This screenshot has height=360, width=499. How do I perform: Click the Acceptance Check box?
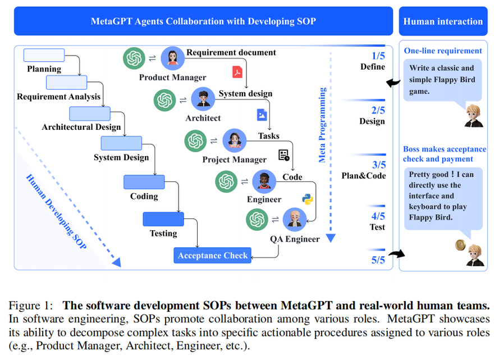pos(213,256)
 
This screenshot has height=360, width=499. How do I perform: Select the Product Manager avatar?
pos(173,58)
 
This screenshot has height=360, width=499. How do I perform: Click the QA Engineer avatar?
pos(294,220)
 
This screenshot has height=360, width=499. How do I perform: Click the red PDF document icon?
pos(237,72)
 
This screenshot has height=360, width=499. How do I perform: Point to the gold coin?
pos(460,245)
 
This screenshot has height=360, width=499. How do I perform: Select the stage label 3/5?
pos(378,165)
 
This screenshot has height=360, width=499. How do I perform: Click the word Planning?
pos(44,69)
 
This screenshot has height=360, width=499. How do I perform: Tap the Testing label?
pos(163,233)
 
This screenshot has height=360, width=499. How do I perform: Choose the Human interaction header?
pos(443,21)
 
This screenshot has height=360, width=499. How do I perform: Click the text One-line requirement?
pos(443,51)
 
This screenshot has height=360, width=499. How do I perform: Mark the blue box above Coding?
pos(144,182)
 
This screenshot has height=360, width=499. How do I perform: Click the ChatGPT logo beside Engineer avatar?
pos(227,181)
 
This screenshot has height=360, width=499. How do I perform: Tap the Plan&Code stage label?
pos(364,175)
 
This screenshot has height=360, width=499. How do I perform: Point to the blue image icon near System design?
pos(262,115)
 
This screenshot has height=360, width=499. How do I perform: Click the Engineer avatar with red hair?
pos(264,181)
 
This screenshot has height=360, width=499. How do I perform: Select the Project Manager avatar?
pos(235,140)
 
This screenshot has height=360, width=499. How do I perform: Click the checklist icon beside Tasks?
pos(284,154)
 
